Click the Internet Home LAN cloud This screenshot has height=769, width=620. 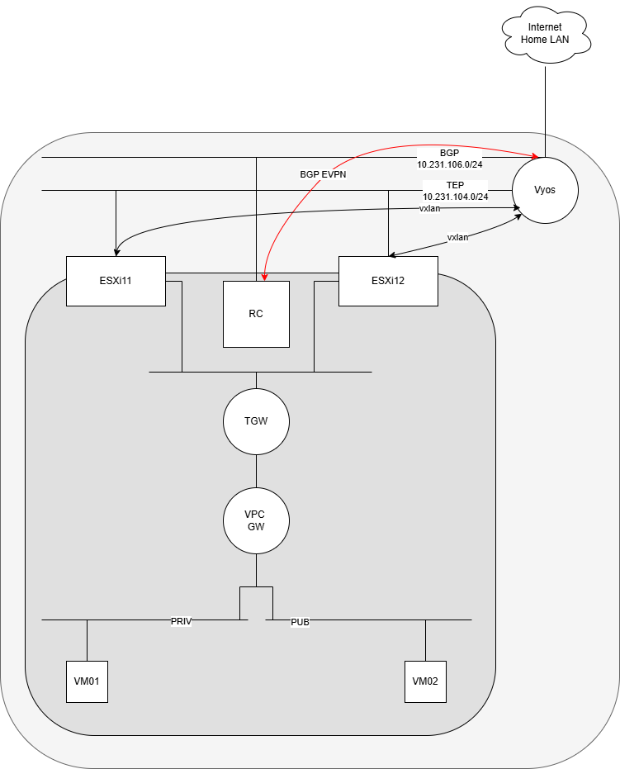click(546, 35)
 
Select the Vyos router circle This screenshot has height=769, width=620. click(545, 190)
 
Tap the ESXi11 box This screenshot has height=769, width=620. click(116, 281)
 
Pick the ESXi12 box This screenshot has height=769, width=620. click(388, 281)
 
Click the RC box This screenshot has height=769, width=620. click(256, 314)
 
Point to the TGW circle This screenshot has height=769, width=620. click(256, 421)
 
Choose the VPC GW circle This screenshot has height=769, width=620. click(256, 520)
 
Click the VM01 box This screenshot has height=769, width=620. click(87, 681)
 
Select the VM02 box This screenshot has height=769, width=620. click(425, 681)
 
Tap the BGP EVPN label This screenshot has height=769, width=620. click(323, 174)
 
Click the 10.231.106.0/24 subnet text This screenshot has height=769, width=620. click(449, 165)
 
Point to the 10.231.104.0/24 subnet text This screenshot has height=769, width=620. click(456, 197)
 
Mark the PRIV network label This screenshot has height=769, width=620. click(181, 621)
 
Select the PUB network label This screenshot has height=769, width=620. click(300, 622)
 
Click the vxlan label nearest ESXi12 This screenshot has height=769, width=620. click(457, 237)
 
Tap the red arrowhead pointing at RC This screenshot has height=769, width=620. click(265, 278)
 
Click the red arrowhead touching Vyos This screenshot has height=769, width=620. click(535, 156)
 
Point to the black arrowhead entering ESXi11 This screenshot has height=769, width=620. click(116, 253)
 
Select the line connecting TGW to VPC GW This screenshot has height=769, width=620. click(256, 472)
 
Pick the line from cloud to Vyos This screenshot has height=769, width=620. click(546, 112)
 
